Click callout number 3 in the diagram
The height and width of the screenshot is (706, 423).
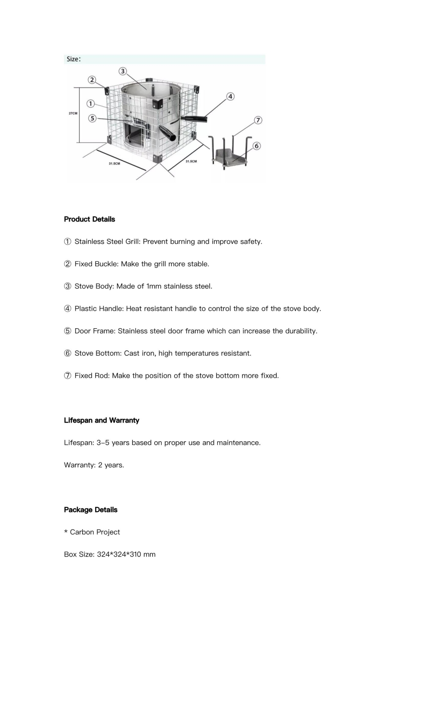(123, 71)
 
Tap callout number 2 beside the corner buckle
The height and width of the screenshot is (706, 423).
(92, 80)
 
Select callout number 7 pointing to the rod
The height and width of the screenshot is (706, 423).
(258, 120)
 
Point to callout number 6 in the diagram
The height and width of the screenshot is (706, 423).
(256, 146)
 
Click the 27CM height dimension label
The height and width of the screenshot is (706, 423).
(73, 113)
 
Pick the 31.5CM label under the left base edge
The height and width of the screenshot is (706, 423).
(114, 163)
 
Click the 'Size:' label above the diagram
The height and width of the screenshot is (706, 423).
(74, 59)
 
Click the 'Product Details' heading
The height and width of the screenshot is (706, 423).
(89, 219)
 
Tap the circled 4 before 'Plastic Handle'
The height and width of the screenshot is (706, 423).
(68, 309)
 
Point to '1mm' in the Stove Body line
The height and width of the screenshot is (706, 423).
(154, 286)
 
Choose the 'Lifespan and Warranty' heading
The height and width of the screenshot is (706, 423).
(102, 421)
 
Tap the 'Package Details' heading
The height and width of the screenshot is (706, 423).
(91, 510)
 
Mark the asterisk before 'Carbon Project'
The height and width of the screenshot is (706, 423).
(66, 532)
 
